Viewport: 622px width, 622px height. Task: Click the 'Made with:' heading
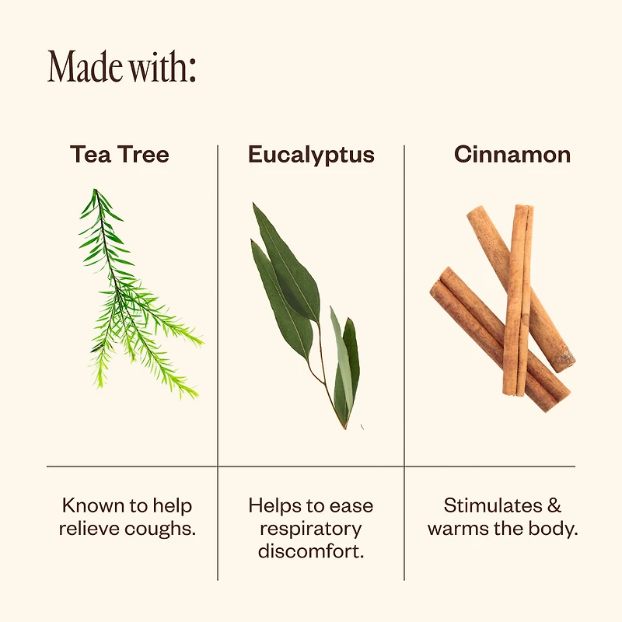tap(122, 66)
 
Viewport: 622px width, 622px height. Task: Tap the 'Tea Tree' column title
tap(120, 154)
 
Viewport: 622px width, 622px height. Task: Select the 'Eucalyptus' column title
tap(312, 155)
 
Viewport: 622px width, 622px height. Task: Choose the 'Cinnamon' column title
tap(512, 154)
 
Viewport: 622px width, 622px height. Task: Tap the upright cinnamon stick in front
tap(518, 300)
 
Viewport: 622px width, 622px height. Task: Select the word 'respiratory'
tap(311, 529)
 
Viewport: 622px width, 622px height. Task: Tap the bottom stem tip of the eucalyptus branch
tap(345, 428)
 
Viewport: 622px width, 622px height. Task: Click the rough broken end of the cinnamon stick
tap(565, 360)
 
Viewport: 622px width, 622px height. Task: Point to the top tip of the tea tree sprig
tap(95, 190)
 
